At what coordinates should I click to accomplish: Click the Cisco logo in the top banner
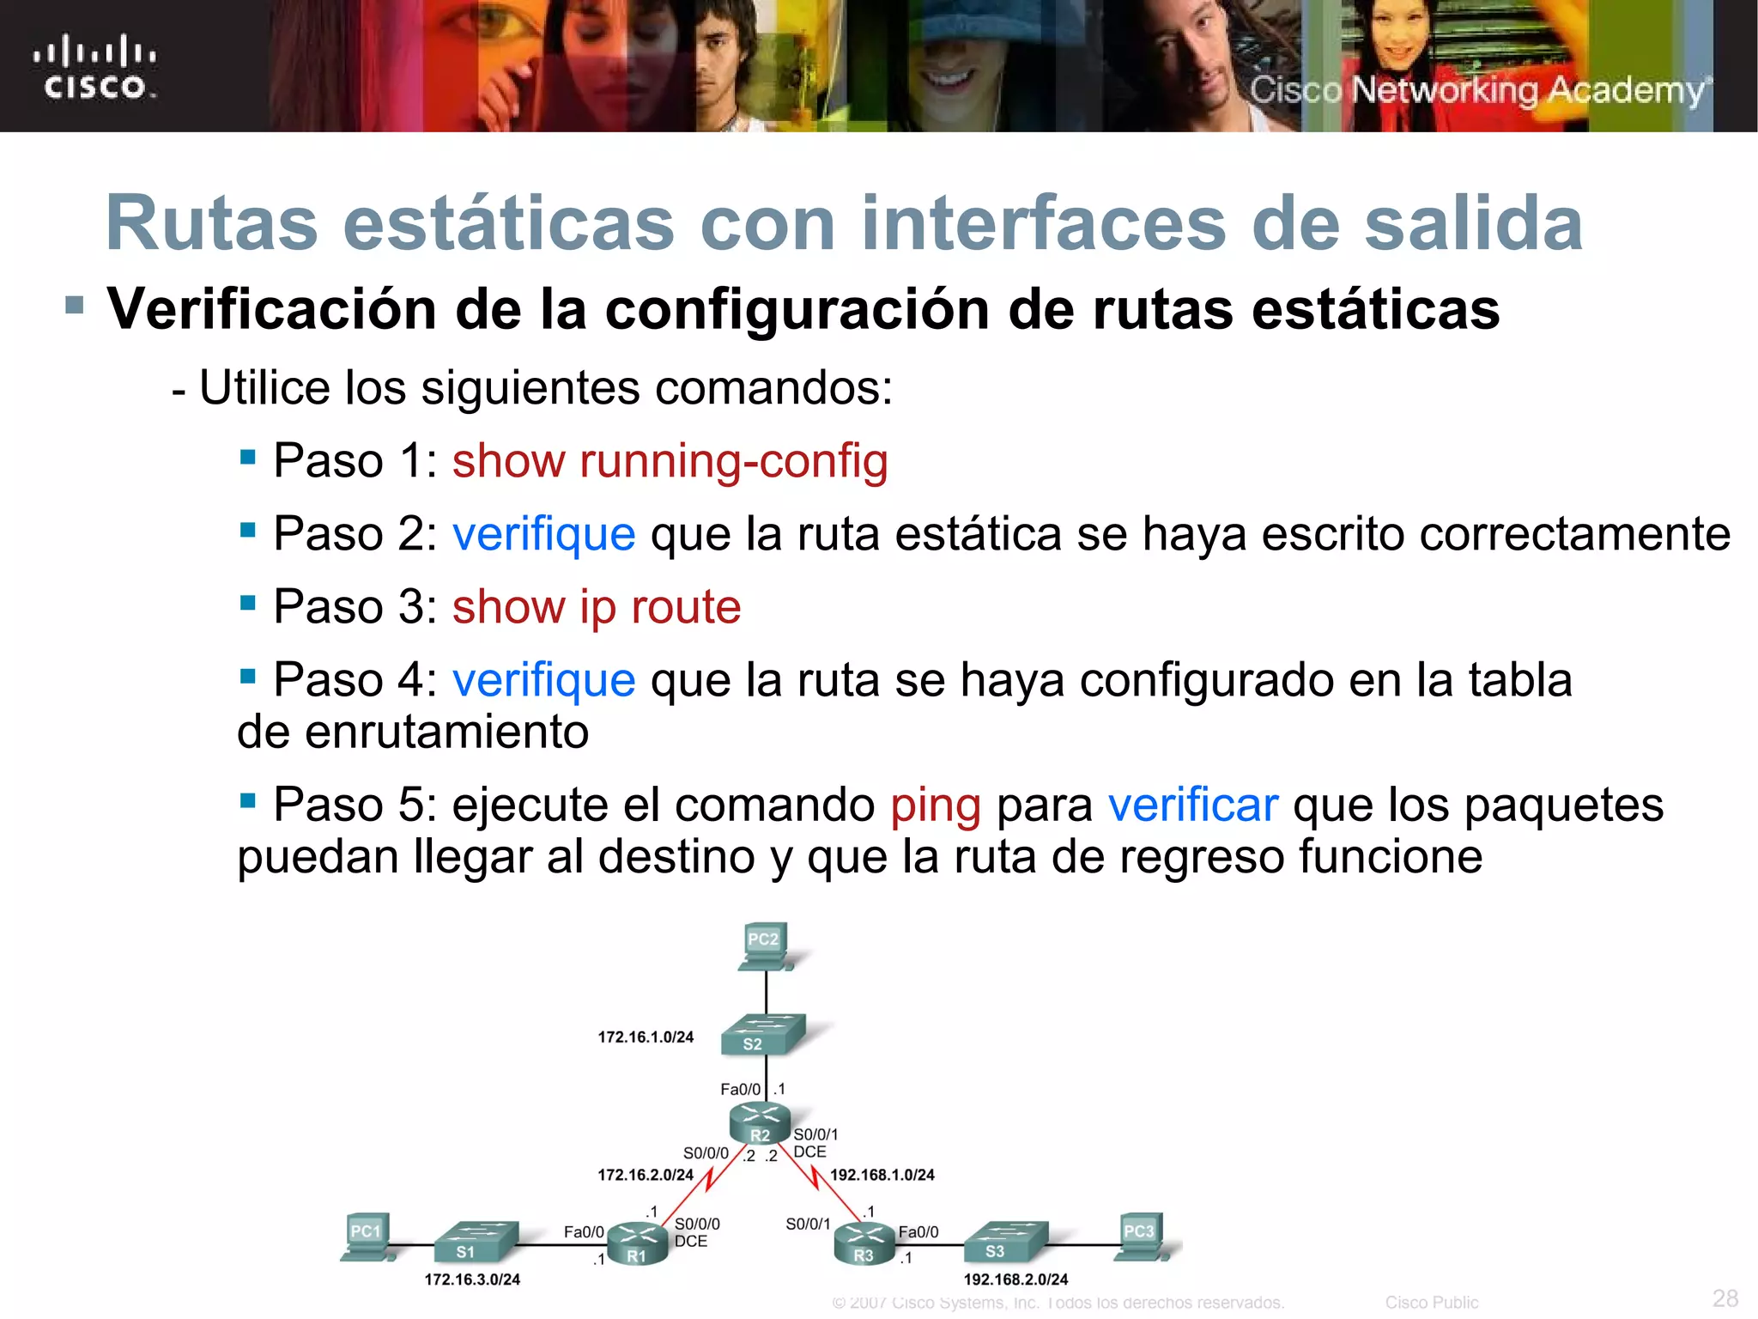point(94,68)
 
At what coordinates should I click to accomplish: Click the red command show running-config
point(670,461)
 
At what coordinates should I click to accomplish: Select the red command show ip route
point(596,607)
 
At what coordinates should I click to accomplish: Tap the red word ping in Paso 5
point(935,805)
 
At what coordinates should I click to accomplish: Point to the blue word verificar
point(1192,805)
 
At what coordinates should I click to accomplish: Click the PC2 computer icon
point(765,947)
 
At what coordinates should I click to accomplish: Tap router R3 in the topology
point(864,1243)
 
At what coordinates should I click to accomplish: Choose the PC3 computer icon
point(1141,1237)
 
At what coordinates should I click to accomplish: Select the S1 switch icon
point(475,1241)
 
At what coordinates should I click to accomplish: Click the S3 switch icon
point(1004,1241)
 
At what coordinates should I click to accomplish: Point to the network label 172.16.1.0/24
point(646,1037)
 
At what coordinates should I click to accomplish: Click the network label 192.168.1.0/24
point(882,1175)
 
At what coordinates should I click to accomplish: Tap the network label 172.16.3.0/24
point(472,1279)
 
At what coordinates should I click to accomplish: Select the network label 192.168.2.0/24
point(1015,1279)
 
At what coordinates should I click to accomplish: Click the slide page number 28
point(1725,1298)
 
